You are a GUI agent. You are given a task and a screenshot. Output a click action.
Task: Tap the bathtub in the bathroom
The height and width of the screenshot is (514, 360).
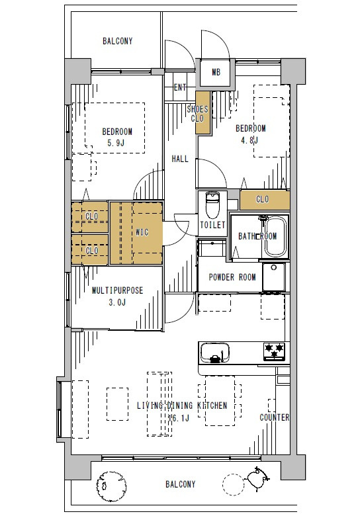point(275,237)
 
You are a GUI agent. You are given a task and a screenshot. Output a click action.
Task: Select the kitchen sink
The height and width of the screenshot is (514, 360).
point(214,353)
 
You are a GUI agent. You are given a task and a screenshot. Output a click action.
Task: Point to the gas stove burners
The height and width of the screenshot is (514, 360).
point(275,351)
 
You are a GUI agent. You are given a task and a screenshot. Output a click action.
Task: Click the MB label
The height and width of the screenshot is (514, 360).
point(216,72)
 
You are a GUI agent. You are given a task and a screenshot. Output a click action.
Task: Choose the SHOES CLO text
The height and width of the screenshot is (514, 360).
point(197,113)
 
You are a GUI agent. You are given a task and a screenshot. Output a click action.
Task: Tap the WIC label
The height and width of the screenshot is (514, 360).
point(142,232)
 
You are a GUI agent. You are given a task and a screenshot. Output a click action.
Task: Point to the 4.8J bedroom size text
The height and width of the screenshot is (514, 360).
point(249,140)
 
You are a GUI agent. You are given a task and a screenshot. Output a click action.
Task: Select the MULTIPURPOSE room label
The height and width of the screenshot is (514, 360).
point(117,290)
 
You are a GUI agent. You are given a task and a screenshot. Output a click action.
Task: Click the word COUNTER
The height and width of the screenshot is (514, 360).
point(275,417)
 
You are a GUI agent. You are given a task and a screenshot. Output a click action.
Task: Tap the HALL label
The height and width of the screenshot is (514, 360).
point(180,159)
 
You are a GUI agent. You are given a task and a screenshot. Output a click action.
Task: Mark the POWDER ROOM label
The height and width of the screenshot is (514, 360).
point(232,277)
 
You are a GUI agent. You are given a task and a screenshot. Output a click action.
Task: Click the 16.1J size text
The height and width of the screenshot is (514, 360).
point(179,418)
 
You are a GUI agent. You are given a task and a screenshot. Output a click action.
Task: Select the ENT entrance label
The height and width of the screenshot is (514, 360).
point(180,87)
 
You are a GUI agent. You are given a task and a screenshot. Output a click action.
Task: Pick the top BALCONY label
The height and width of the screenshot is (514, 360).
point(117,41)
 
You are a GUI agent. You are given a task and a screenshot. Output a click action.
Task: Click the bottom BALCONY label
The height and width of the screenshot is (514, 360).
point(180,484)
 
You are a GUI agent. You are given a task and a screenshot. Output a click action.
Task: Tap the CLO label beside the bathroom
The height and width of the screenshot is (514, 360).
point(262,199)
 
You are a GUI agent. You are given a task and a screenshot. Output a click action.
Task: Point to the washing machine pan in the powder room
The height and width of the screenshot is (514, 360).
point(274,277)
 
